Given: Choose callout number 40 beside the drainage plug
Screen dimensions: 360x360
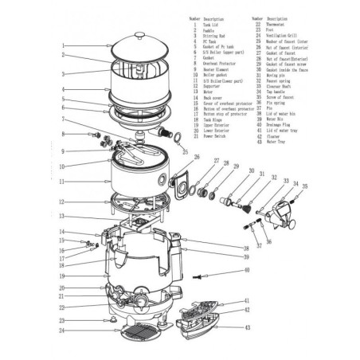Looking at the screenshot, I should pos(246,271).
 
